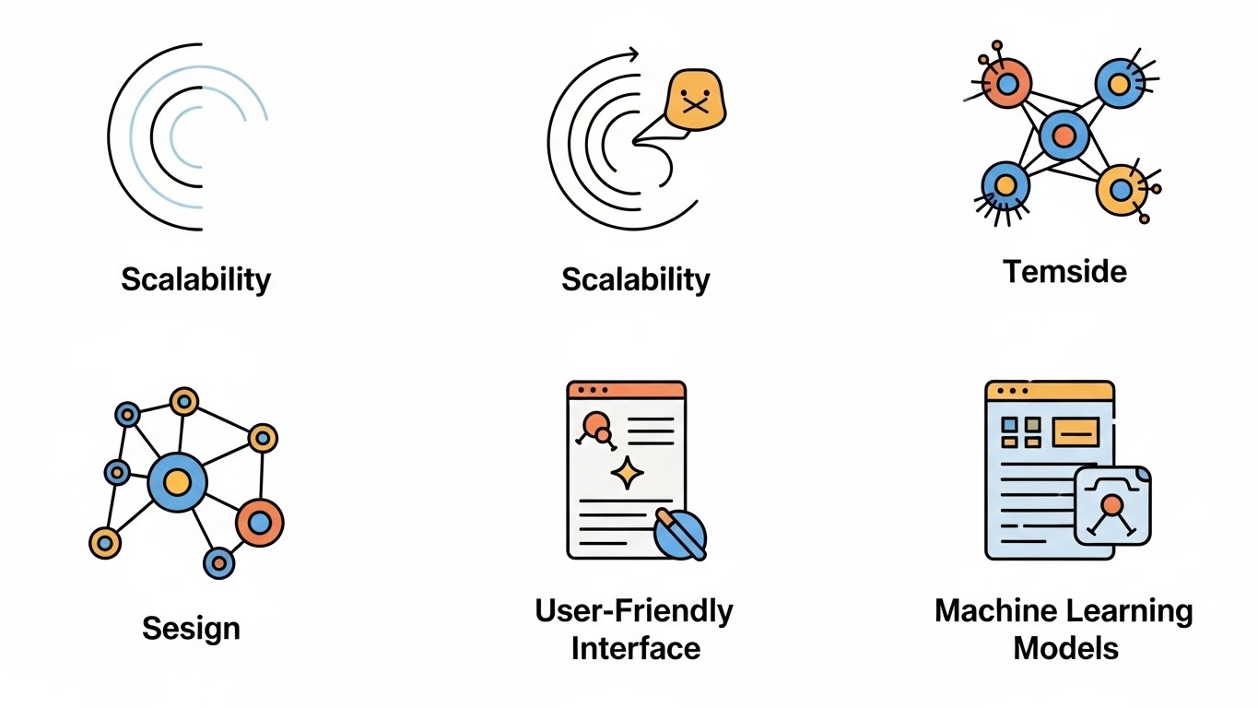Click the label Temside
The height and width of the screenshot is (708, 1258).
pyautogui.click(x=1064, y=271)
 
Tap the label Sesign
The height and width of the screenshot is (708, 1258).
pyautogui.click(x=191, y=629)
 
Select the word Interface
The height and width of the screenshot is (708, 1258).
pyautogui.click(x=635, y=647)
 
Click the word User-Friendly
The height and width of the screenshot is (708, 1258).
pyautogui.click(x=634, y=610)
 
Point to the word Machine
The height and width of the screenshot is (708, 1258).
pyautogui.click(x=998, y=610)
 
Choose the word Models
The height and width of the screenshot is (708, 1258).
pyautogui.click(x=1065, y=647)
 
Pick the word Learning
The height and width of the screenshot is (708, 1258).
pyautogui.click(x=1131, y=610)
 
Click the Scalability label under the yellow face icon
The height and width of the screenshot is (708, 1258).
pyautogui.click(x=635, y=278)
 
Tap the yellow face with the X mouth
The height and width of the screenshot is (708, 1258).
pyautogui.click(x=695, y=98)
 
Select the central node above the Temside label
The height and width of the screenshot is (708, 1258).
pyautogui.click(x=1064, y=136)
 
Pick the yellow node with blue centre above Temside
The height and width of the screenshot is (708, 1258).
pyautogui.click(x=1121, y=190)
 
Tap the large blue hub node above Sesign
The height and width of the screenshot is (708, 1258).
pyautogui.click(x=177, y=481)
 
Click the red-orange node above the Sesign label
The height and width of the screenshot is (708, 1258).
pyautogui.click(x=260, y=524)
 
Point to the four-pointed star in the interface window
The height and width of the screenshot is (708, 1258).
pyautogui.click(x=627, y=473)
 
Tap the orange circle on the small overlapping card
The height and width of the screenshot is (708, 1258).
pyautogui.click(x=1112, y=504)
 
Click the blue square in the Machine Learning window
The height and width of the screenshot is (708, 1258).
pyautogui.click(x=1009, y=424)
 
